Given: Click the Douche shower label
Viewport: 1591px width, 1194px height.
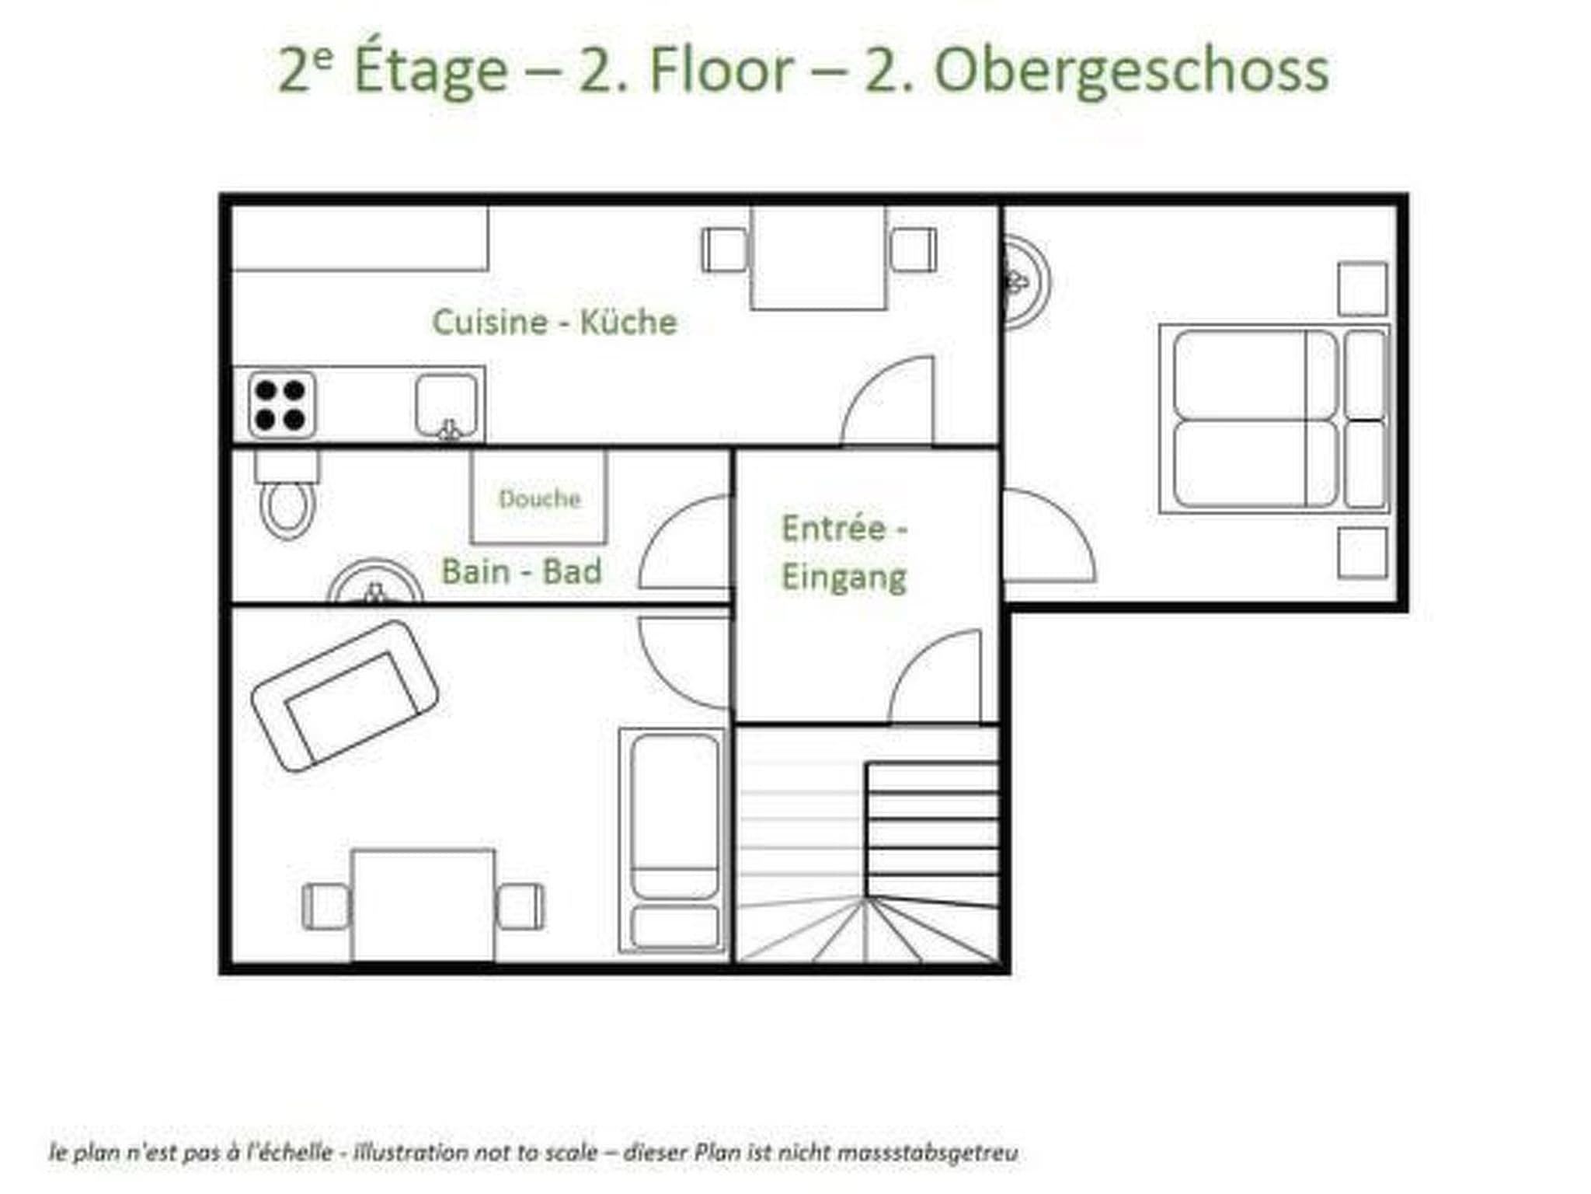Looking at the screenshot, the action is click(539, 498).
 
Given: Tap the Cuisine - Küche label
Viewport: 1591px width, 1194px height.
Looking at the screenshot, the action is click(555, 322).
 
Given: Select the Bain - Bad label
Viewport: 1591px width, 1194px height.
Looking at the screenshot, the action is click(521, 571).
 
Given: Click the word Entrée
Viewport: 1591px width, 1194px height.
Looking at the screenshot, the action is click(833, 529).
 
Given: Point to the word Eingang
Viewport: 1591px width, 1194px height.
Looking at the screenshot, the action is click(844, 578).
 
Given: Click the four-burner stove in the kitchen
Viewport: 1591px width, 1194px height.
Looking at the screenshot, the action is click(281, 404).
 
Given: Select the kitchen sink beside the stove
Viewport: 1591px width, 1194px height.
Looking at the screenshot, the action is click(447, 407).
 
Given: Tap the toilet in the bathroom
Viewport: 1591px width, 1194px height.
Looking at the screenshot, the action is click(287, 494).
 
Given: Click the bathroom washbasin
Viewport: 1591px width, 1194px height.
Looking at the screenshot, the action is click(375, 581).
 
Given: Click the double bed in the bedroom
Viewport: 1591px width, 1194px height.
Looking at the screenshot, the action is click(1274, 418).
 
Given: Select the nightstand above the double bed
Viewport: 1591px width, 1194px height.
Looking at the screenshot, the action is click(1363, 288).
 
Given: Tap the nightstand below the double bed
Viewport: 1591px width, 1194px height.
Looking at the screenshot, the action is click(1363, 553).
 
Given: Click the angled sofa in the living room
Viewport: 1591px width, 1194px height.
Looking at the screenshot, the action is click(345, 696).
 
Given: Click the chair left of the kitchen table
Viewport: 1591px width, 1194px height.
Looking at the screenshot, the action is click(725, 250).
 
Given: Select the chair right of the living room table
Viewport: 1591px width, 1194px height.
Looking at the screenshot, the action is click(520, 906).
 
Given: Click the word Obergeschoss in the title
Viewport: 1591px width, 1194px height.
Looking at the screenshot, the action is click(1131, 72).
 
